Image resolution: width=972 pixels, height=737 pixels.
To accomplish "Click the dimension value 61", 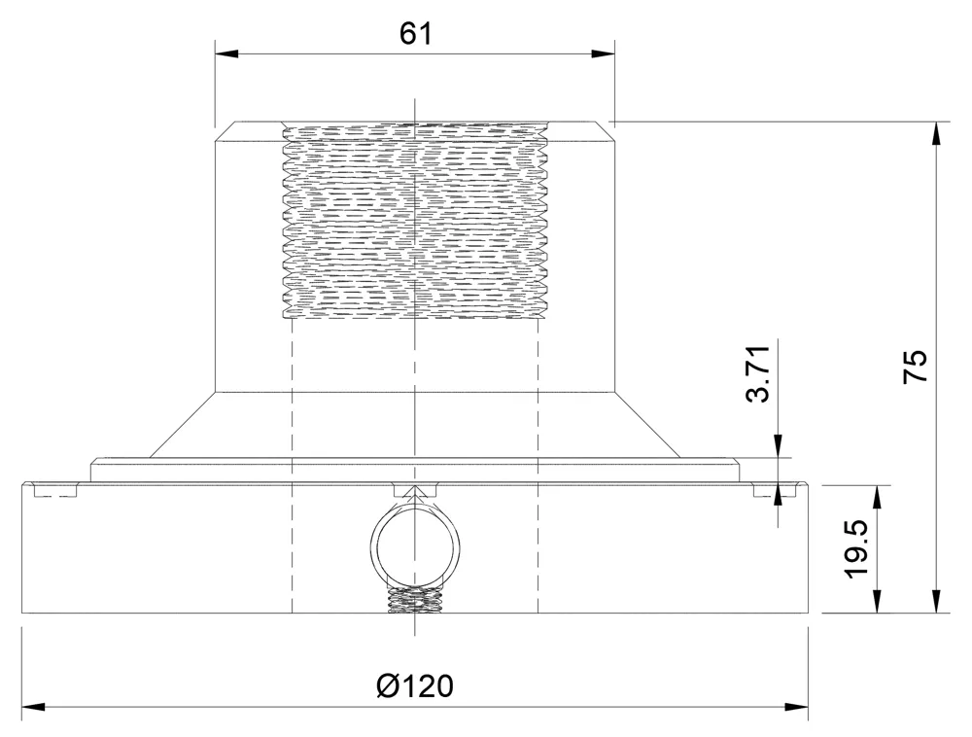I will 415,33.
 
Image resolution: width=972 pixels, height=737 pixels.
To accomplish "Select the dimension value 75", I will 916,367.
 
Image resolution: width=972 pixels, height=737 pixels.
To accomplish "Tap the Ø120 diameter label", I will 415,686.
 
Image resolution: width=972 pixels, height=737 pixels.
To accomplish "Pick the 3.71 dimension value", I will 758,372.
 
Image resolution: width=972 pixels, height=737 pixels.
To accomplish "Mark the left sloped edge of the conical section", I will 183,425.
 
